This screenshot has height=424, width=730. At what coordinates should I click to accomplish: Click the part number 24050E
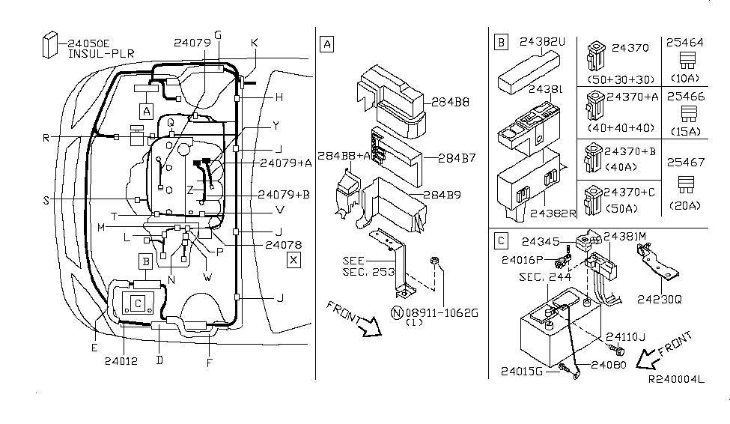pyautogui.click(x=88, y=43)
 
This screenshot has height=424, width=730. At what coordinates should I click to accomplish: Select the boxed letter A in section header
pyautogui.click(x=327, y=44)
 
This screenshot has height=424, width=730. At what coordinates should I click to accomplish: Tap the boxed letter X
pyautogui.click(x=293, y=260)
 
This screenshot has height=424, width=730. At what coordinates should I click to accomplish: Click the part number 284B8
pyautogui.click(x=450, y=102)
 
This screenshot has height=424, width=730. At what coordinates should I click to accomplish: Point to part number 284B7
pyautogui.click(x=457, y=158)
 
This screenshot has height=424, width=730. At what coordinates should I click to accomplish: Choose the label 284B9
pyautogui.click(x=442, y=195)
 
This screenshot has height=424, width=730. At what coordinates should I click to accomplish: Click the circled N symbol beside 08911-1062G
pyautogui.click(x=397, y=312)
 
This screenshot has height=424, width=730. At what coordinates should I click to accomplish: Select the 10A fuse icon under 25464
pyautogui.click(x=687, y=61)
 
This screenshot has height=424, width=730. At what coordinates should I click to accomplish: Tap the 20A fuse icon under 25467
pyautogui.click(x=686, y=184)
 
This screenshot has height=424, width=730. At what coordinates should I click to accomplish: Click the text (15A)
pyautogui.click(x=685, y=131)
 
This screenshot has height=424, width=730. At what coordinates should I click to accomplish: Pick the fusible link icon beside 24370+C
pyautogui.click(x=593, y=200)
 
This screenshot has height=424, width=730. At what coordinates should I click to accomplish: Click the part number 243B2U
pyautogui.click(x=542, y=42)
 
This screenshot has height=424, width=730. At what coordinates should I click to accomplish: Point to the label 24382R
pyautogui.click(x=553, y=213)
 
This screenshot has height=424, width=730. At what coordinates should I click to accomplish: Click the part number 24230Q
pyautogui.click(x=659, y=300)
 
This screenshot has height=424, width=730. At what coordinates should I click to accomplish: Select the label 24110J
pyautogui.click(x=625, y=337)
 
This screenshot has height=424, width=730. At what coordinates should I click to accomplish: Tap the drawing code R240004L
pyautogui.click(x=676, y=379)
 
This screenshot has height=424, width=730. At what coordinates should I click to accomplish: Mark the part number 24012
pyautogui.click(x=121, y=361)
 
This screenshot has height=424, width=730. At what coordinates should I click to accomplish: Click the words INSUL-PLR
pyautogui.click(x=101, y=54)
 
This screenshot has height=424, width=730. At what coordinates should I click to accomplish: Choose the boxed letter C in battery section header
pyautogui.click(x=501, y=241)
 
